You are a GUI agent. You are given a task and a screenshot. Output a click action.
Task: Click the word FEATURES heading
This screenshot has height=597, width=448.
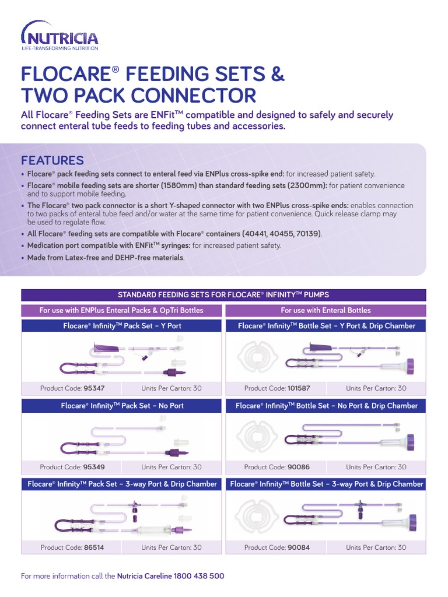coord(52,160)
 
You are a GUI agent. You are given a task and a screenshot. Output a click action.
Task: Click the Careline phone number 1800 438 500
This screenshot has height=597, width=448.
coord(199,576)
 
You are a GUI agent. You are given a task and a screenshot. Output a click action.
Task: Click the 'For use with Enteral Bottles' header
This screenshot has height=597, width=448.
coord(325,310)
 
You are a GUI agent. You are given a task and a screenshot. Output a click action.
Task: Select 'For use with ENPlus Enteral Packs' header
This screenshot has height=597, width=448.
coord(121,310)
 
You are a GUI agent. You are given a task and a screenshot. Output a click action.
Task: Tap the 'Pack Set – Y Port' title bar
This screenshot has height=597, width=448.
coord(122,326)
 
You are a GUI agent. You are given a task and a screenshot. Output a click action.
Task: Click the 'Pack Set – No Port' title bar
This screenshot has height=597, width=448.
coord(122,406)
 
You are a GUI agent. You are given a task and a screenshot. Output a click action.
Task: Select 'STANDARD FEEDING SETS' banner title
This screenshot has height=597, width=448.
coord(223,295)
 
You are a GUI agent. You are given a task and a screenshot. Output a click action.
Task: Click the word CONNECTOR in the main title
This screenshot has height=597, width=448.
coord(198,96)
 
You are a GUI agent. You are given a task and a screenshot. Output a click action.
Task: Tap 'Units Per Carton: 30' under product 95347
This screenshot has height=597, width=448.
coord(171,388)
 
